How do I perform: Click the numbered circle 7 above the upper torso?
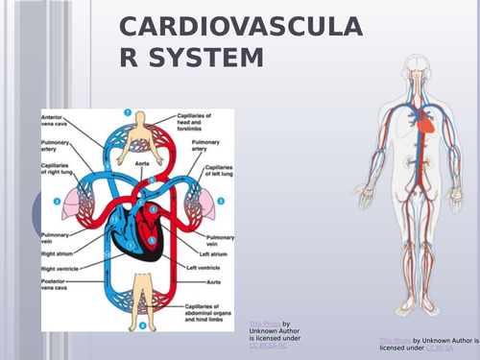140,112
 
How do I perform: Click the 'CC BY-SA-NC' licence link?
268,345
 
